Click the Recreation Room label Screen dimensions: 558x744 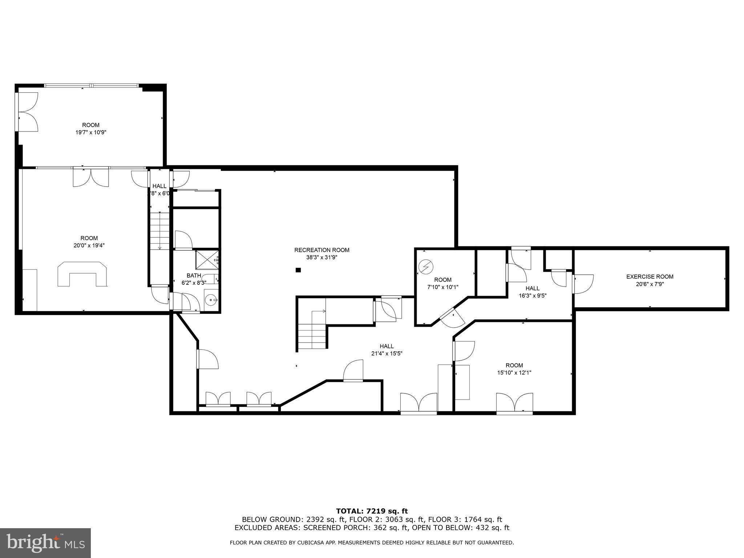[322, 250]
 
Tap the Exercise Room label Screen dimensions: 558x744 [650, 276]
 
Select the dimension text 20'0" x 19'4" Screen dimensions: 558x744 [89, 246]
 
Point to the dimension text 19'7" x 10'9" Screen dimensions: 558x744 [90, 133]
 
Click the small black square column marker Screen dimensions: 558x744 [298, 270]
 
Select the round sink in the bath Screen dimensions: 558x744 [211, 300]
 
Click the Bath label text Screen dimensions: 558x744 [194, 275]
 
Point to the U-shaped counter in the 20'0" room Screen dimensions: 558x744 [83, 274]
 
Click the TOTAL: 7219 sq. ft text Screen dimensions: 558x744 [372, 511]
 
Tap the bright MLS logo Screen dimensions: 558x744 [45, 543]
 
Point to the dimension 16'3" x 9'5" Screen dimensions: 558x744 [532, 296]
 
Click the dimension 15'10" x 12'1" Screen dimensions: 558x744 [514, 373]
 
